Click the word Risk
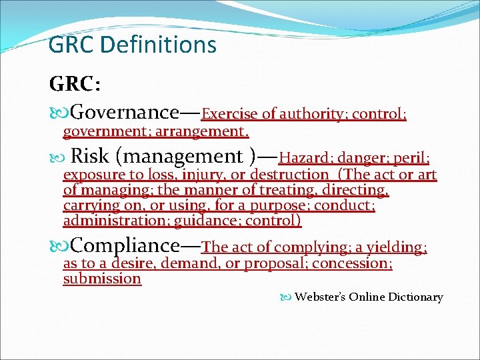coord(89,157)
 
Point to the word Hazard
coord(306,159)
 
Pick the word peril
coord(411,159)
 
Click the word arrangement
coord(207,131)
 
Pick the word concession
coord(352,264)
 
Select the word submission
coord(102,279)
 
